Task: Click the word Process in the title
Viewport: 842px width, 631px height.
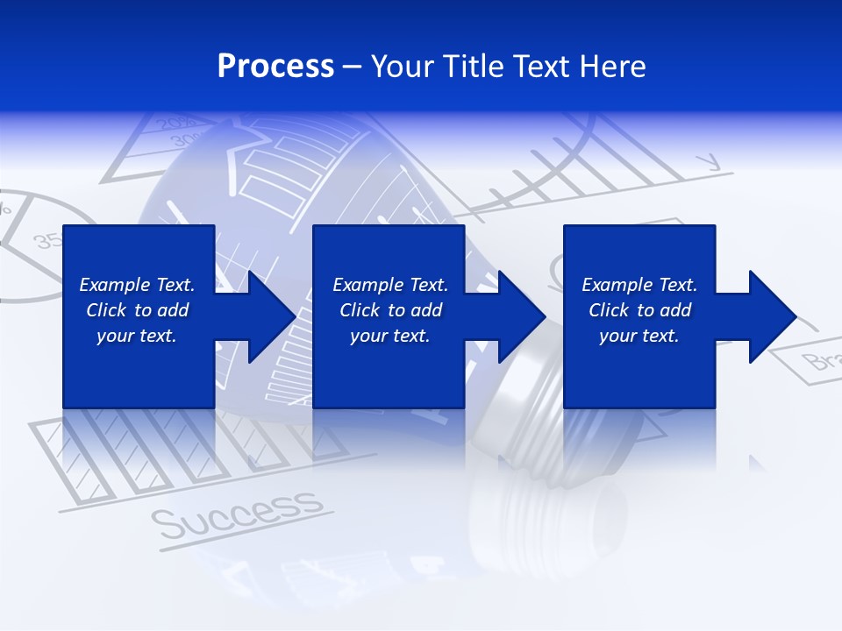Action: pos(275,66)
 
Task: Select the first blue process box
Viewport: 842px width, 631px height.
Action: pos(138,368)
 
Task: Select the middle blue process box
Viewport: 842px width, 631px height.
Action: pos(389,368)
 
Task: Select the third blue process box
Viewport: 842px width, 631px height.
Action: pos(639,368)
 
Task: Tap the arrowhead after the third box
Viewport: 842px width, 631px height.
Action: pos(771,316)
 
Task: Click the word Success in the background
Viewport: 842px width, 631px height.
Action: pos(236,514)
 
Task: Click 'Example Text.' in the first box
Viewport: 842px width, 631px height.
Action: pos(137,285)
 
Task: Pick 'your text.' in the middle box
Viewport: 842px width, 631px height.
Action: pos(389,336)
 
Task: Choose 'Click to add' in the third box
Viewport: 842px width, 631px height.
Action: pos(639,310)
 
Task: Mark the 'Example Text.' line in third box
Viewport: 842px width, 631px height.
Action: pos(639,285)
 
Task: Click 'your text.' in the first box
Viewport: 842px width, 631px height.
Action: pos(137,336)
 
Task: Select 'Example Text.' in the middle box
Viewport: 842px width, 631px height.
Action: pos(389,285)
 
